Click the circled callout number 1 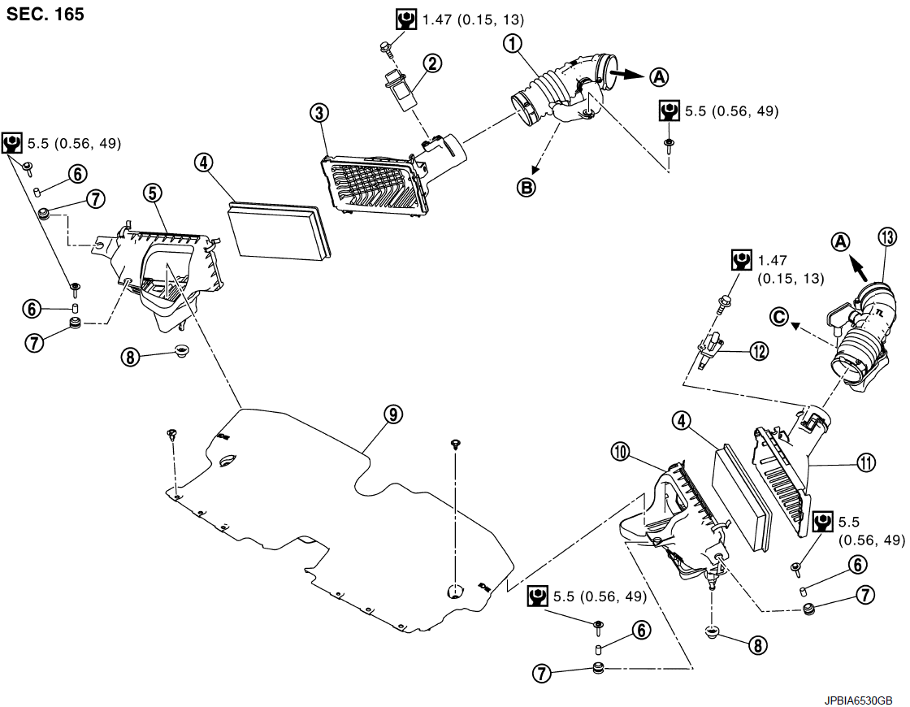(x=513, y=43)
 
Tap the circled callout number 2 (x=432, y=63)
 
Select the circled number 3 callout (x=319, y=113)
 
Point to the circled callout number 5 (x=153, y=193)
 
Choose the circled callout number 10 (x=621, y=452)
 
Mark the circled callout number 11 (x=865, y=462)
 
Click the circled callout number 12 (x=759, y=351)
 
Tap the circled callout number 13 (x=887, y=237)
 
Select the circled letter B (x=526, y=187)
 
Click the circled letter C (x=779, y=316)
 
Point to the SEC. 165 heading (x=45, y=13)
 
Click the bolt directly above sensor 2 (x=386, y=46)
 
